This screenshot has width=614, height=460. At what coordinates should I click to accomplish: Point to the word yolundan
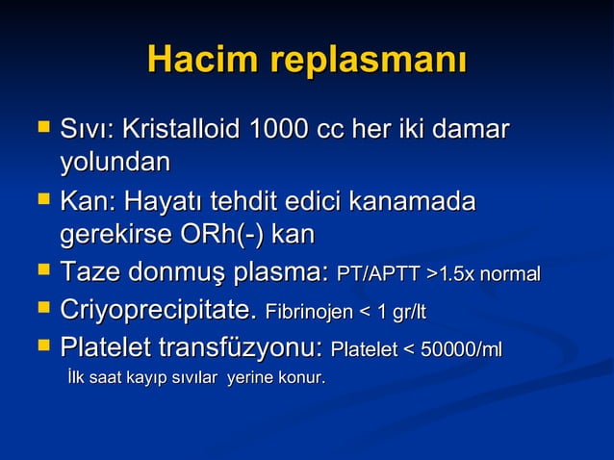115,161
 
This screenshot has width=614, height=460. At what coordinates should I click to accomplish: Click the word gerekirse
115,236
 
